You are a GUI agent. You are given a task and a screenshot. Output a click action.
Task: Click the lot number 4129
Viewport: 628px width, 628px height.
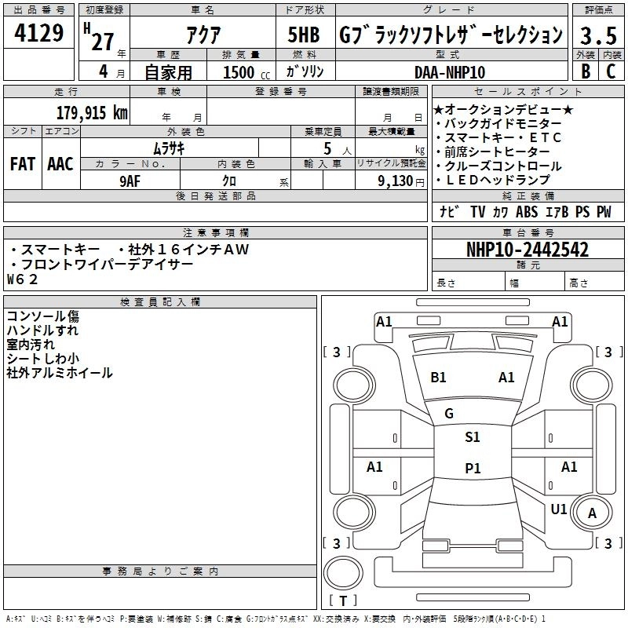click(38, 32)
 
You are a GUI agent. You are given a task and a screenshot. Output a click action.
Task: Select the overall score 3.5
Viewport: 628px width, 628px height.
click(598, 35)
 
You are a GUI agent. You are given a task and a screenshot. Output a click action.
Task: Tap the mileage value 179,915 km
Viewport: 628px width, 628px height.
click(92, 112)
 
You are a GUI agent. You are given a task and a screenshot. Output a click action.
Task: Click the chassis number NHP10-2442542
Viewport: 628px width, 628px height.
click(528, 250)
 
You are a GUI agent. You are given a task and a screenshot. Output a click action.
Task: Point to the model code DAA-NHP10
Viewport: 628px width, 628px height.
click(449, 72)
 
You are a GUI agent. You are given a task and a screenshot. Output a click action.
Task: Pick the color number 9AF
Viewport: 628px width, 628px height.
click(130, 181)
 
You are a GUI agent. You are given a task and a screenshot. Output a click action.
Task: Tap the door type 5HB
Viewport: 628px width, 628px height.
click(304, 35)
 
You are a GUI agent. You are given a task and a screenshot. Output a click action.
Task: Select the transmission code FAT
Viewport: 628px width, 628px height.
click(23, 164)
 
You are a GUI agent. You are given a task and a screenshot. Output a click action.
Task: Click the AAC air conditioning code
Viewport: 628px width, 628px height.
click(60, 164)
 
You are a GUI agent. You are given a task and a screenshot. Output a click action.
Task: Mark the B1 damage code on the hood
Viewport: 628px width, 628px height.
click(438, 378)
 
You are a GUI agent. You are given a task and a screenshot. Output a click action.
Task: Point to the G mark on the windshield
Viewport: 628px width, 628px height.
click(449, 413)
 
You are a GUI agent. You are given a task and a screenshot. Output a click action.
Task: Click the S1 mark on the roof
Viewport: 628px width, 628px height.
click(473, 436)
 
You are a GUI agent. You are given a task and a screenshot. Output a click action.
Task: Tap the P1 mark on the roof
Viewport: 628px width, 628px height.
click(473, 468)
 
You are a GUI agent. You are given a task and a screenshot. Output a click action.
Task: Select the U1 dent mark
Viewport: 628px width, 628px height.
click(559, 509)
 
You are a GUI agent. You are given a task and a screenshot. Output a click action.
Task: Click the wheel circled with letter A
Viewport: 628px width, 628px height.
click(592, 513)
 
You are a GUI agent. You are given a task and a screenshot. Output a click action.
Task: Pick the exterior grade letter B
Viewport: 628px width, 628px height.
click(586, 71)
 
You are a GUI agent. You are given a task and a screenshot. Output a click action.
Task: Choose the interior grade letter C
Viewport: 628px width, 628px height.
click(611, 71)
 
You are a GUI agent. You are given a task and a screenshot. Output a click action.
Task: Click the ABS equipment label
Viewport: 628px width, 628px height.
click(527, 212)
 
